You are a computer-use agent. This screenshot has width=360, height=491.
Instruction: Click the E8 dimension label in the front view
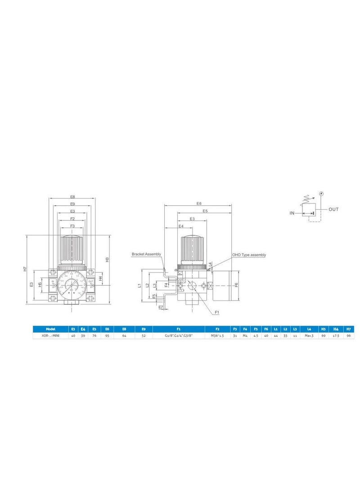72,197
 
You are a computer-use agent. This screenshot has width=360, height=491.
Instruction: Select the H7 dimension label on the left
25,270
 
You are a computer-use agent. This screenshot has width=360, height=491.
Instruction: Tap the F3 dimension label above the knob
72,226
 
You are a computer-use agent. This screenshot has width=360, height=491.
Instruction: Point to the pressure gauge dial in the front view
72,284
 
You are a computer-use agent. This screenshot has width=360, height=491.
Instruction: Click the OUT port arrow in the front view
91,285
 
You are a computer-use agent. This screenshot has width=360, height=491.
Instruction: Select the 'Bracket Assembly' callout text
146,254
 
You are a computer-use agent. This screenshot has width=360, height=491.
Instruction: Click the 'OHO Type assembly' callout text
249,255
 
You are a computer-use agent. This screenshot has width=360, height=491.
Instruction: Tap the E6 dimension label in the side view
199,203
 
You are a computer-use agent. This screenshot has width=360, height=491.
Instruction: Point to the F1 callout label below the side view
217,312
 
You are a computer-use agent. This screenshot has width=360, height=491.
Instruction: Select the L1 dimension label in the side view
140,285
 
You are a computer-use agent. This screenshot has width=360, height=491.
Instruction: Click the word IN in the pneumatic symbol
292,213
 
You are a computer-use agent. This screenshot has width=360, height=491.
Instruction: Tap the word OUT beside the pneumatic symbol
333,209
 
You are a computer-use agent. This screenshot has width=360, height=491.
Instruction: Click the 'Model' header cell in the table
50,329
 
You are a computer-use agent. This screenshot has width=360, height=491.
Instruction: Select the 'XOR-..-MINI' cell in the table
50,336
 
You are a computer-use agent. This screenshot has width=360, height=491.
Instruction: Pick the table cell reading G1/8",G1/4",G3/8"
179,336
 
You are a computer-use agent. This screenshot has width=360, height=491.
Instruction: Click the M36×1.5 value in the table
217,336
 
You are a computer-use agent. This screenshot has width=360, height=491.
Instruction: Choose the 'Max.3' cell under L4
309,336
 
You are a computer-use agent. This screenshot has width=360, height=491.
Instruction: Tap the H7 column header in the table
348,329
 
